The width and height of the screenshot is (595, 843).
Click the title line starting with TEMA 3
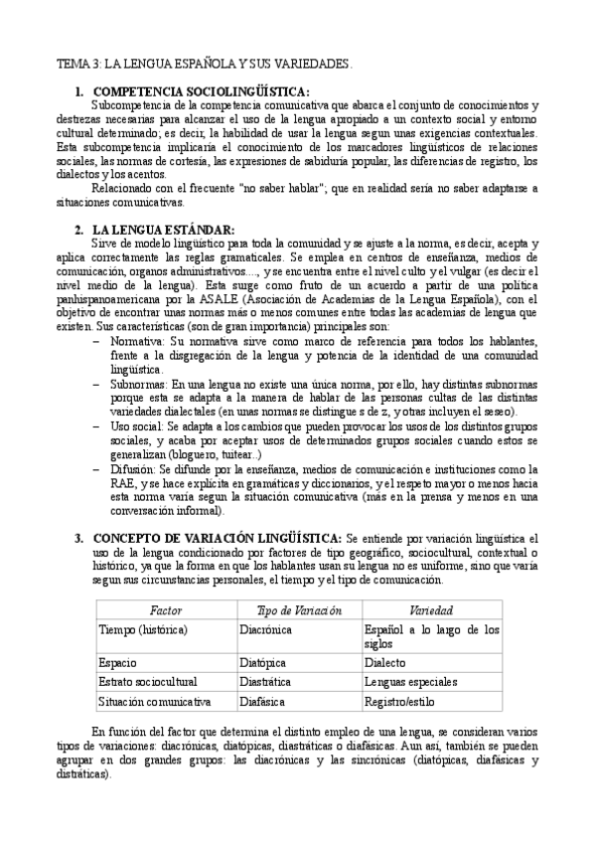[204, 65]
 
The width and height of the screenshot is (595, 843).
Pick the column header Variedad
[431, 610]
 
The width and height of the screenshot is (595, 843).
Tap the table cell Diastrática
[266, 682]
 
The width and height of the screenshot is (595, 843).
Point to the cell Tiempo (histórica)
[144, 629]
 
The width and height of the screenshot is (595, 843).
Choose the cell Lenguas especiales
[410, 682]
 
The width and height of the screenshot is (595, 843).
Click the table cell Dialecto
[385, 661]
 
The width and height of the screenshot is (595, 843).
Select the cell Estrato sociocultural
[148, 682]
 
